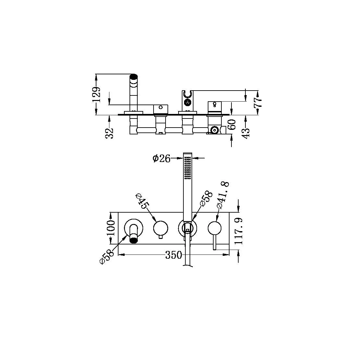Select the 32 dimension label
coord(111,132)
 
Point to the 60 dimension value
coord(232,124)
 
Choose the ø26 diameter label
coord(161,159)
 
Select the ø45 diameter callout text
coord(142,201)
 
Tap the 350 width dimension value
coord(174,255)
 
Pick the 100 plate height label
coord(110,228)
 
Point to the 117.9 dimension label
coord(239,231)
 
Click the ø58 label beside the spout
coord(107,256)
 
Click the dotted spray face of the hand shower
coord(187,168)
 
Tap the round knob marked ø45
coord(161,228)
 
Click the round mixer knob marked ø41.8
coord(215,228)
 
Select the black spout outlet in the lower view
coord(133,241)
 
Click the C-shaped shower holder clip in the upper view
coord(187,94)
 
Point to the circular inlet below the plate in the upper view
coord(214,130)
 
